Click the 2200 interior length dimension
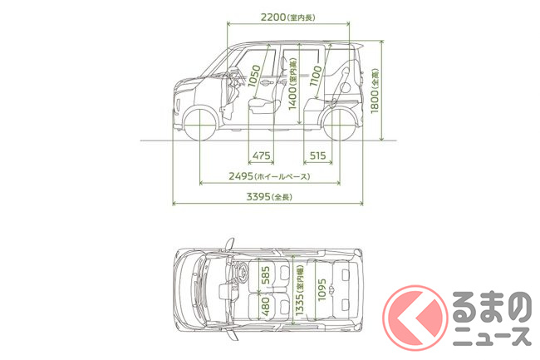click(x=273, y=17)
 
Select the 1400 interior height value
click(x=292, y=98)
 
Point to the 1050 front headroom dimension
click(x=254, y=76)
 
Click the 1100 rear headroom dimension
click(x=316, y=76)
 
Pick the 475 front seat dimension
click(x=261, y=155)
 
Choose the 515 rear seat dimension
click(x=317, y=155)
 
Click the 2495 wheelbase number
click(x=241, y=176)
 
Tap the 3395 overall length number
click(x=258, y=197)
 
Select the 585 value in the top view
click(x=266, y=275)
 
